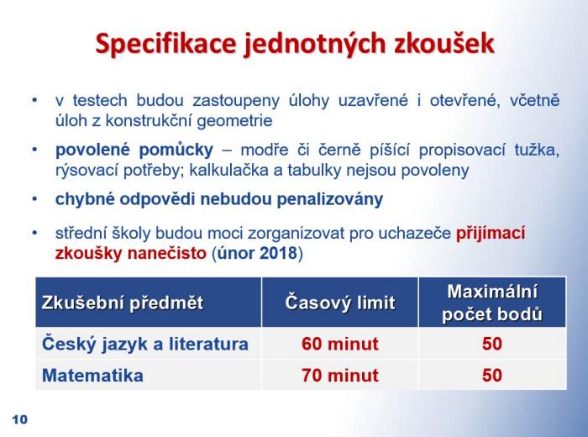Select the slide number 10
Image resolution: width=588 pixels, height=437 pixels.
[x=20, y=419]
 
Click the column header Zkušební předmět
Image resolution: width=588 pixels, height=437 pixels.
[x=123, y=303]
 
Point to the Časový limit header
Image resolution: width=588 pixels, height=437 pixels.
[x=340, y=303]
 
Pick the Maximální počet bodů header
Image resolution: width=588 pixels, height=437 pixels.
[x=492, y=303]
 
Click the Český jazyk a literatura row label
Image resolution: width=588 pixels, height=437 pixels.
[x=145, y=345]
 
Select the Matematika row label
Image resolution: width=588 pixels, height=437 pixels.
[x=92, y=376]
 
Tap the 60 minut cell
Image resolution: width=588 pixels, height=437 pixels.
[x=340, y=344]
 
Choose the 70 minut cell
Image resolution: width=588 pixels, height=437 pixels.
[x=340, y=376]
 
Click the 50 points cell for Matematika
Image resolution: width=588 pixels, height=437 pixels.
[x=492, y=376]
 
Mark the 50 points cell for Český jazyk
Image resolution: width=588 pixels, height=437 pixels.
[x=492, y=344]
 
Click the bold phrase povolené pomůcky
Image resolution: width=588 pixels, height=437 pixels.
[x=134, y=150]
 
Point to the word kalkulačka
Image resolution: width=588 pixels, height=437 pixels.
[x=231, y=171]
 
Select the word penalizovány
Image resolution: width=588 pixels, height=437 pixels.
[x=330, y=199]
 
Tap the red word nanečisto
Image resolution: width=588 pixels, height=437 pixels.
[x=167, y=253]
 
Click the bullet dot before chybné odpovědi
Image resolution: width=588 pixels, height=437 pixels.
[x=35, y=199]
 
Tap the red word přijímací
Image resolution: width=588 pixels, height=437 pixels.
[x=491, y=234]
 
